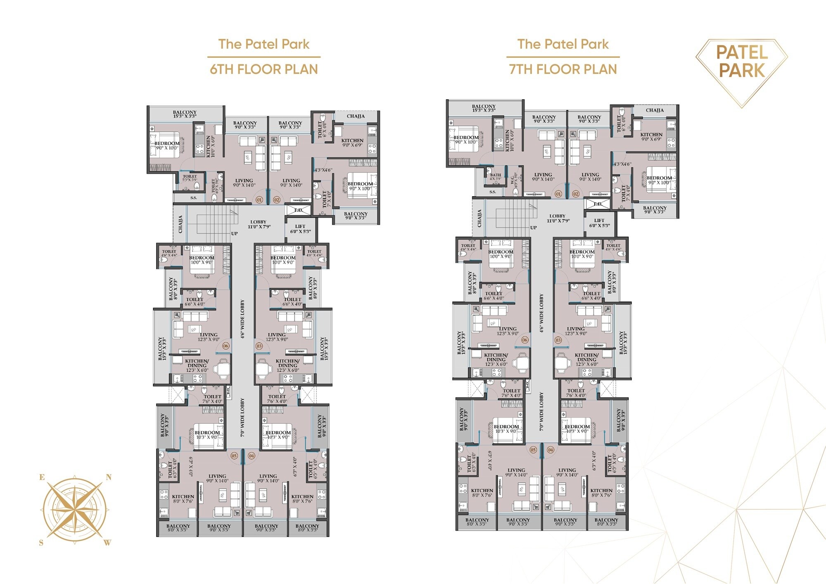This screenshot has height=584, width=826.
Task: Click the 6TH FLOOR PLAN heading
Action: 264,69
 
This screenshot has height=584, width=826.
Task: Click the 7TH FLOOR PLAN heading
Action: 563,69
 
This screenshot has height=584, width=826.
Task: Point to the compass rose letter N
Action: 109,477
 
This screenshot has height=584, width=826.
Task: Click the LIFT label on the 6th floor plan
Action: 300,227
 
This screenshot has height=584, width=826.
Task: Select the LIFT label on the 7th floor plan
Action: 599,221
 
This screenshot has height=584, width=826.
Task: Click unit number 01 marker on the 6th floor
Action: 259,199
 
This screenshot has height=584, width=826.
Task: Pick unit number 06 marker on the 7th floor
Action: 525,340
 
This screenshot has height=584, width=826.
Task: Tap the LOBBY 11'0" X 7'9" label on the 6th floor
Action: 259,224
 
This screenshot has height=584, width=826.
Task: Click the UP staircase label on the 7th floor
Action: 533,228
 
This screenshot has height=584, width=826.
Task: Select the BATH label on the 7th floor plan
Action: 496,175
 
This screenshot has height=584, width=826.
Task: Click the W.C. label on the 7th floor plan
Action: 513,180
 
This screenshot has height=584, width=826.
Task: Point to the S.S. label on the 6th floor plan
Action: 194,198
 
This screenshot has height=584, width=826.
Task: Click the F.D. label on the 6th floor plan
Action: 299,210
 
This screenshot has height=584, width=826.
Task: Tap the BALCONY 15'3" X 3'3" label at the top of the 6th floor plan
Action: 185,114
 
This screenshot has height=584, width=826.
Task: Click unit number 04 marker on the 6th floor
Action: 252,456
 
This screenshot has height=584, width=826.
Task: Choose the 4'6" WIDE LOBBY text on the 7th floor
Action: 541,313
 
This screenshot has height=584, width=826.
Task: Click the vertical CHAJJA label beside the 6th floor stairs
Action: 180,224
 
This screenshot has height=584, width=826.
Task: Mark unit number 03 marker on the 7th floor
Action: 558,340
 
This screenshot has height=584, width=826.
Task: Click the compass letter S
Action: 41,543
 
